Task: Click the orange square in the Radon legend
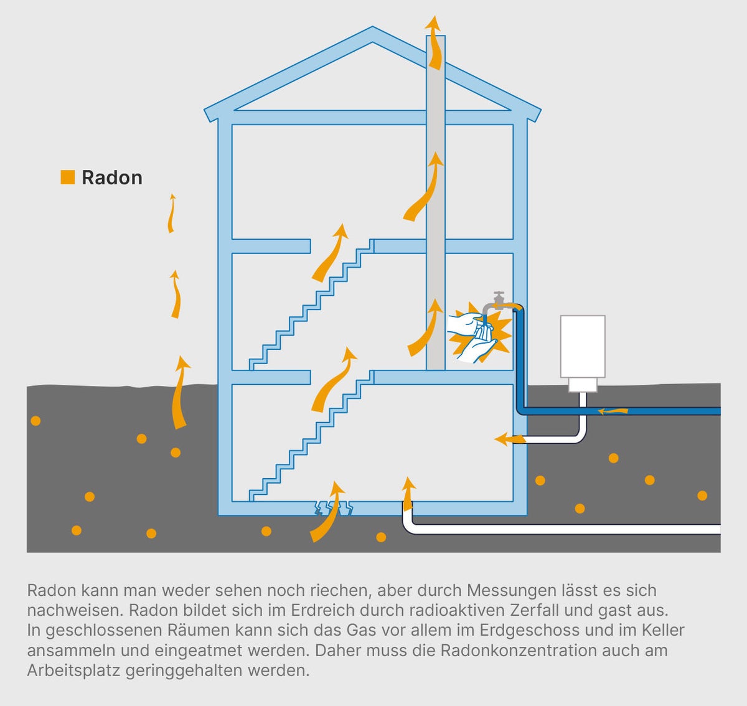tap(67, 177)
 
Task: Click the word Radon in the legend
tap(112, 178)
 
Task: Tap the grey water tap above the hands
tap(498, 302)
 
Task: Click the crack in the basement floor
tap(333, 508)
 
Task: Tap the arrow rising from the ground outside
tap(180, 392)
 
